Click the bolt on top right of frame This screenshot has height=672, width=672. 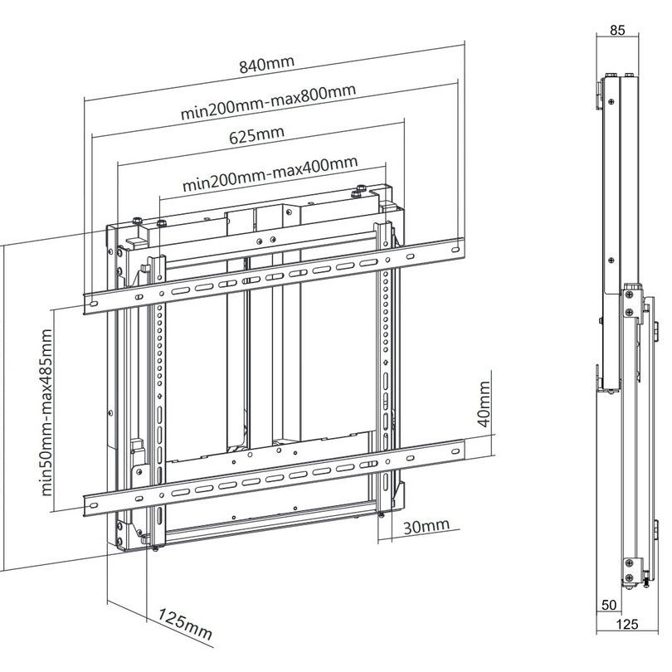[357, 194]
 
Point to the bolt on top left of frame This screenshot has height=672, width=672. [160, 223]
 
